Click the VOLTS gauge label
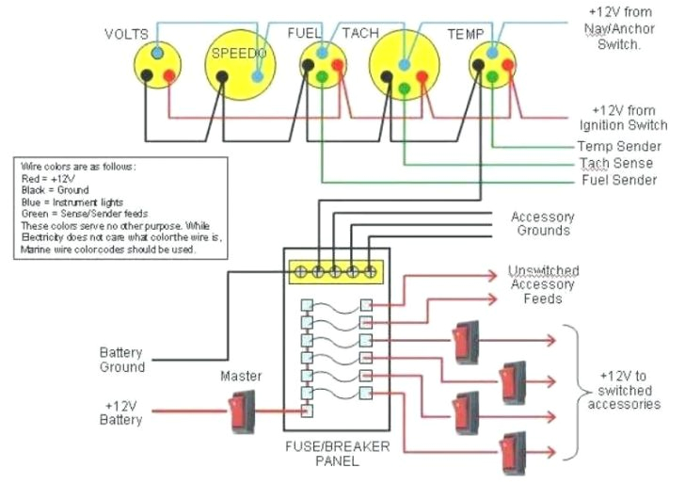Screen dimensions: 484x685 point(126,34)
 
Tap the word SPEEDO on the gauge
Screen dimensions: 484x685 point(236,55)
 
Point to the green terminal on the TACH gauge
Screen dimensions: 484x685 point(403,89)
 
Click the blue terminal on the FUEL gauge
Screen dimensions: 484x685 point(322,54)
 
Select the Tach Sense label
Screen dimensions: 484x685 point(617,163)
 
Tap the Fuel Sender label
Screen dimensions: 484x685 point(618,180)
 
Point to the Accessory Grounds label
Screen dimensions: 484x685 point(541,224)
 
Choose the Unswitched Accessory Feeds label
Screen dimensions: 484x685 point(543,284)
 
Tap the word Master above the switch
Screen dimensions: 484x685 point(241,377)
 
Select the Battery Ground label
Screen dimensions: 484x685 point(122,360)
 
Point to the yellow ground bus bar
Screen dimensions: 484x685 point(337,272)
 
